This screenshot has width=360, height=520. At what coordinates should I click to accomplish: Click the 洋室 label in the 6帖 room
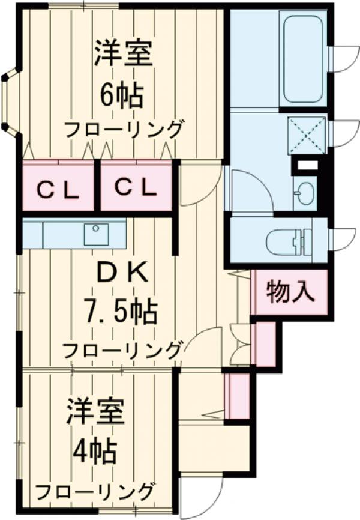[123, 55]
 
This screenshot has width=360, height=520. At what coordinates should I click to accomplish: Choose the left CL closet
[58, 189]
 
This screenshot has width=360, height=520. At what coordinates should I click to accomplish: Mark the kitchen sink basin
[96, 234]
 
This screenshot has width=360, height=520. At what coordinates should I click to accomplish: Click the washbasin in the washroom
[305, 193]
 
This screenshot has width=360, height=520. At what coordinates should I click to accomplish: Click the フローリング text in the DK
[122, 349]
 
